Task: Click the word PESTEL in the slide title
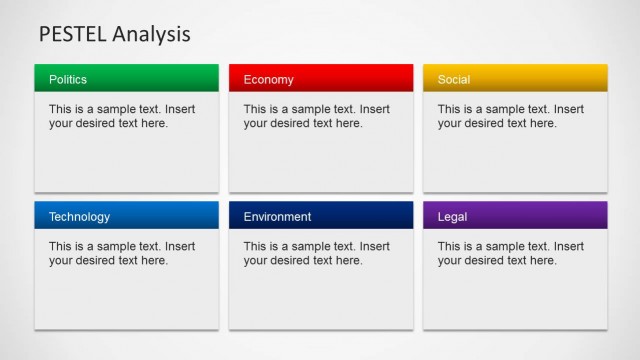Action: pyautogui.click(x=72, y=35)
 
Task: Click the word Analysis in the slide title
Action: pyautogui.click(x=151, y=35)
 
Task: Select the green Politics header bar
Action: pyautogui.click(x=150, y=78)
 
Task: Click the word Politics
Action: pyautogui.click(x=68, y=79)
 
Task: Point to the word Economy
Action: pyautogui.click(x=268, y=79)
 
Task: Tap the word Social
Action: pyautogui.click(x=454, y=79)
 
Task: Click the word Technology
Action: pyautogui.click(x=79, y=217)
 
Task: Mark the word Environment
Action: pyautogui.click(x=277, y=217)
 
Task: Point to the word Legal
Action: pyautogui.click(x=452, y=217)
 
